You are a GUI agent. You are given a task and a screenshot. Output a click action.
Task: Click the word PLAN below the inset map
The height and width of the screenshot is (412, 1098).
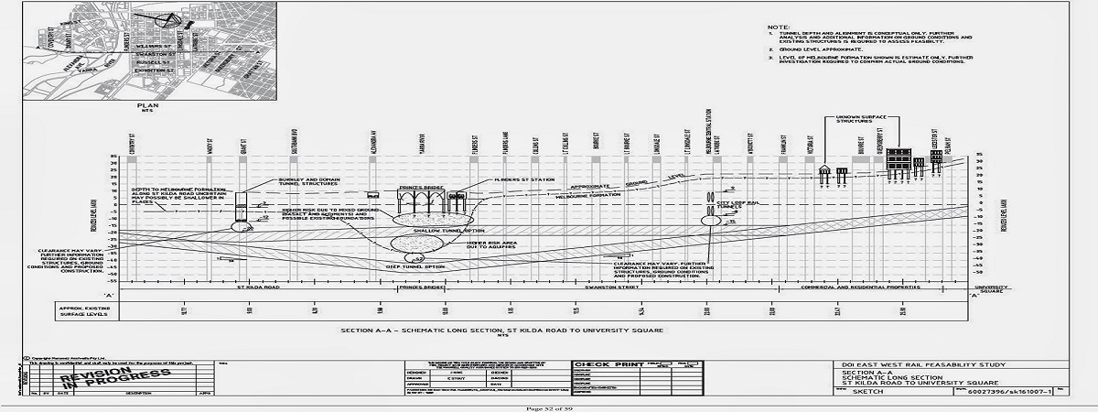147,104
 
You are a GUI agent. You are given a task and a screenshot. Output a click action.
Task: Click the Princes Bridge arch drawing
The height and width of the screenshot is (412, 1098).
419,203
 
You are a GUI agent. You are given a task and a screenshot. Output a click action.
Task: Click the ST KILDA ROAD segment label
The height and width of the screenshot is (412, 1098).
258,287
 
